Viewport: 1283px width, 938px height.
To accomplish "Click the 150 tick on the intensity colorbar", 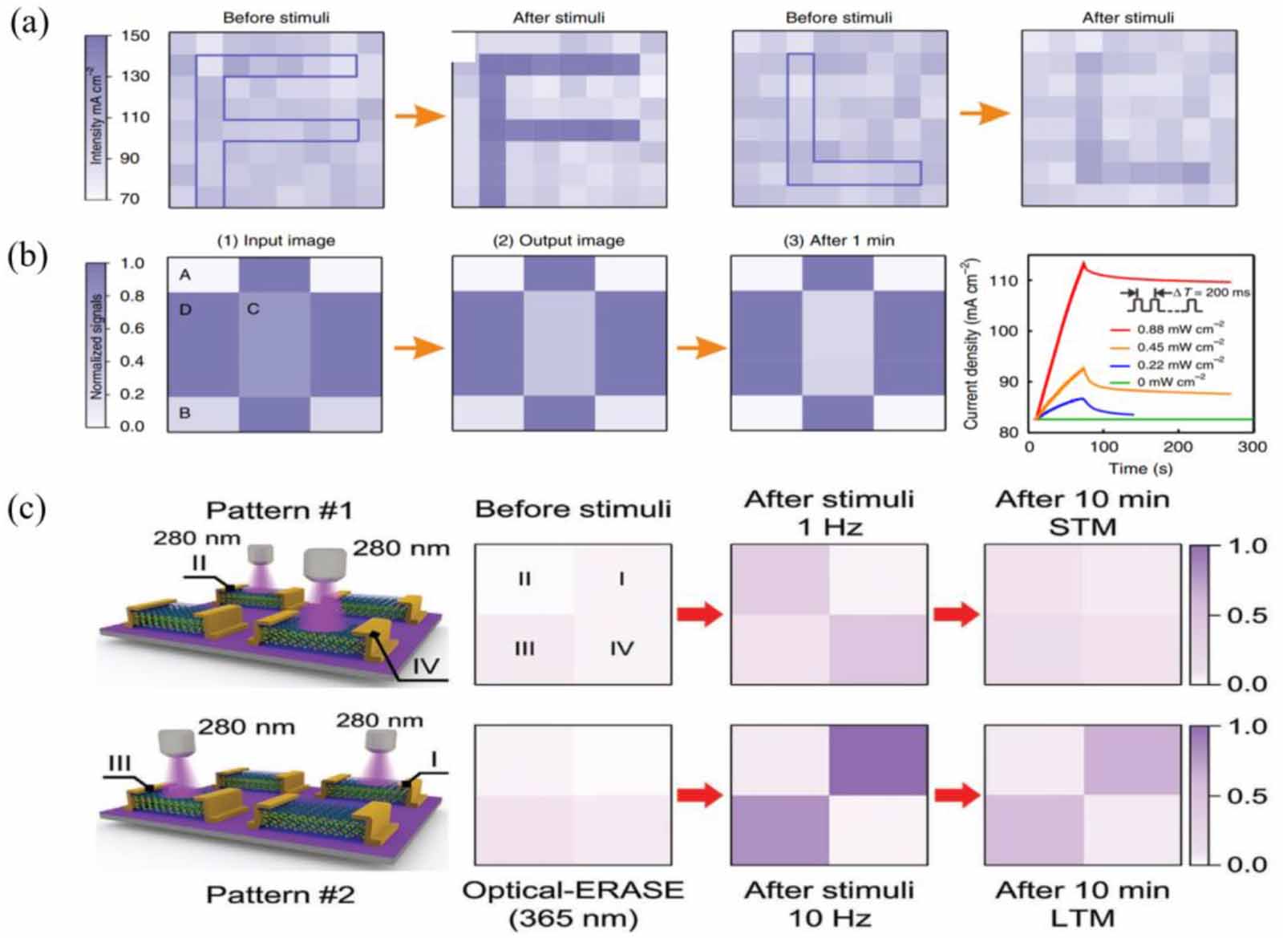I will (x=135, y=36).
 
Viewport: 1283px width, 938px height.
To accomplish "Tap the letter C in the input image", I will (x=253, y=309).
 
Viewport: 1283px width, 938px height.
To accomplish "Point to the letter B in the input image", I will (x=185, y=413).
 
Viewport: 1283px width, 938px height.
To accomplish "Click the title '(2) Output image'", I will (x=558, y=241).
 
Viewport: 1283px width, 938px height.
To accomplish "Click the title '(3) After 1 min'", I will (x=838, y=241).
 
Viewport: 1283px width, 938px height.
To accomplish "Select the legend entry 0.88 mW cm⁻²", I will (x=1180, y=330).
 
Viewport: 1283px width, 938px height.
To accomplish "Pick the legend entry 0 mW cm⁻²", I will (x=1171, y=382).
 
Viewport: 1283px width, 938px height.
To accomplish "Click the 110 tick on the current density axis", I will (x=1003, y=281).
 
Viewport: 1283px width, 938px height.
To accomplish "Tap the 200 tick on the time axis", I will (x=1178, y=447).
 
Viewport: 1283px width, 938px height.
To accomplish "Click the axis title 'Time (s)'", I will (x=1139, y=468).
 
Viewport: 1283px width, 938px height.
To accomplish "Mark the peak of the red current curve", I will (x=1084, y=262).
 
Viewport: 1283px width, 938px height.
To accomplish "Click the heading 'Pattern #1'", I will (x=279, y=511).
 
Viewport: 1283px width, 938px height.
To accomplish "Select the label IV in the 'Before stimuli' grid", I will (x=621, y=648).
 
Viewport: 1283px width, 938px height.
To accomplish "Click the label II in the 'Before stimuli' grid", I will (x=524, y=578).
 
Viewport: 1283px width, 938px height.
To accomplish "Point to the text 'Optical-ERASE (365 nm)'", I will (x=573, y=904).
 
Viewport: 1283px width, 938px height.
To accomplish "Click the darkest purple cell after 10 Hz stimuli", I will (x=878, y=760).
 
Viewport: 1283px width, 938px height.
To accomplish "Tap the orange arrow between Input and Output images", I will (x=419, y=347).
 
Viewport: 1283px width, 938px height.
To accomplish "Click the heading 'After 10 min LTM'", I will (x=1083, y=904).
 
